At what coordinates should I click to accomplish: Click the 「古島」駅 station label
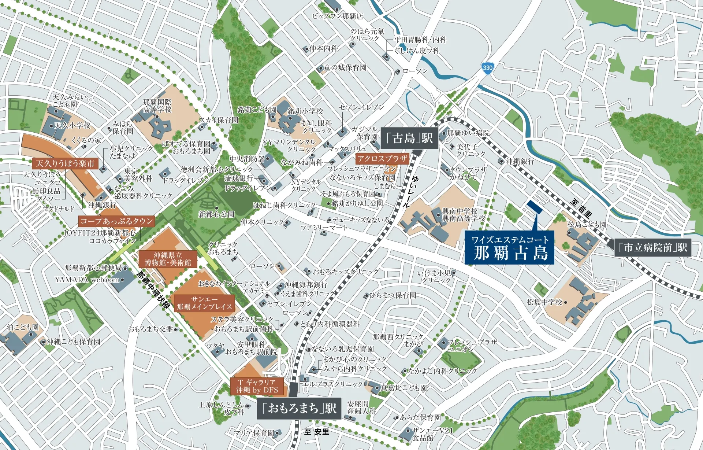[x=409, y=138]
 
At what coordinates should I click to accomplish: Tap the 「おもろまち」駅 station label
[x=299, y=408]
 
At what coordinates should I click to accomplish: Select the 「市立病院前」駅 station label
[x=652, y=248]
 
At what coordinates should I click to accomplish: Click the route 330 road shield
[x=487, y=68]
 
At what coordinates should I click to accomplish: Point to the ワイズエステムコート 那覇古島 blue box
[x=509, y=248]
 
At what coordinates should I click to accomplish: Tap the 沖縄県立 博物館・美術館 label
[x=168, y=259]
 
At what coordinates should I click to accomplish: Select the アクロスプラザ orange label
[x=382, y=158]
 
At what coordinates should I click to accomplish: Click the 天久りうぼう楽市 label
[x=65, y=163]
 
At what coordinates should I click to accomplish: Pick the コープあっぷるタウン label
[x=116, y=221]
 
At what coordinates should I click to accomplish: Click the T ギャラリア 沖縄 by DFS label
[x=257, y=386]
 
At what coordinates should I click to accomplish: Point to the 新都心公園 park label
[x=216, y=214]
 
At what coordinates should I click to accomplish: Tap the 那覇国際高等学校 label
[x=157, y=106]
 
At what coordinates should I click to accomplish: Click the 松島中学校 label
[x=544, y=302]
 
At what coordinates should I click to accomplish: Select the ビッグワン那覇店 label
[x=337, y=16]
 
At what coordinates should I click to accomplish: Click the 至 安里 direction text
[x=317, y=432]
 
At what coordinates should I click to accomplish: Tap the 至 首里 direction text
[x=581, y=208]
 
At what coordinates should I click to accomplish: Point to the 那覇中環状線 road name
[x=153, y=289]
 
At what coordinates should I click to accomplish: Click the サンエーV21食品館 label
[x=432, y=434]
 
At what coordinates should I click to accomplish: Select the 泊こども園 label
[x=23, y=327]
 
